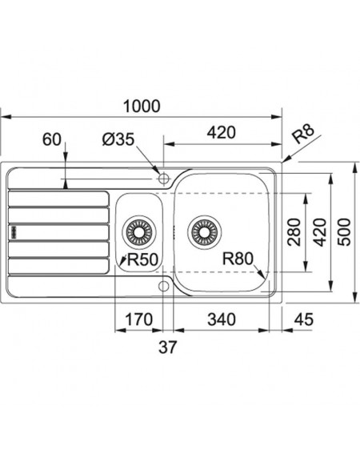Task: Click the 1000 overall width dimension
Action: [x=142, y=106]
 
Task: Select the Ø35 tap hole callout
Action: [x=118, y=139]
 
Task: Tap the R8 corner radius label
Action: [x=302, y=134]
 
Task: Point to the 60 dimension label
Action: [x=52, y=139]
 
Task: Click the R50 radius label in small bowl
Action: [x=142, y=259]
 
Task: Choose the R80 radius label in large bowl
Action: [x=238, y=259]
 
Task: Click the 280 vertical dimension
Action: [x=294, y=232]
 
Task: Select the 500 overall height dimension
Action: [x=344, y=232]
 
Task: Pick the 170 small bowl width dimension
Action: [x=138, y=319]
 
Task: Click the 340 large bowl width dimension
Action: [x=222, y=319]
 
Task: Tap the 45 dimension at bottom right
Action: [x=303, y=319]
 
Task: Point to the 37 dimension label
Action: [x=167, y=347]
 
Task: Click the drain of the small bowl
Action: [x=139, y=232]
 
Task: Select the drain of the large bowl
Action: [x=204, y=232]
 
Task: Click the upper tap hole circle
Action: [x=163, y=179]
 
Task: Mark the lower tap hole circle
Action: [x=163, y=286]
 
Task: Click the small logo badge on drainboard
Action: [x=14, y=232]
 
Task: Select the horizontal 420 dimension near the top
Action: [x=222, y=133]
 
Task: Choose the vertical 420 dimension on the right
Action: [x=319, y=232]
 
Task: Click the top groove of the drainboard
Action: [x=58, y=199]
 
